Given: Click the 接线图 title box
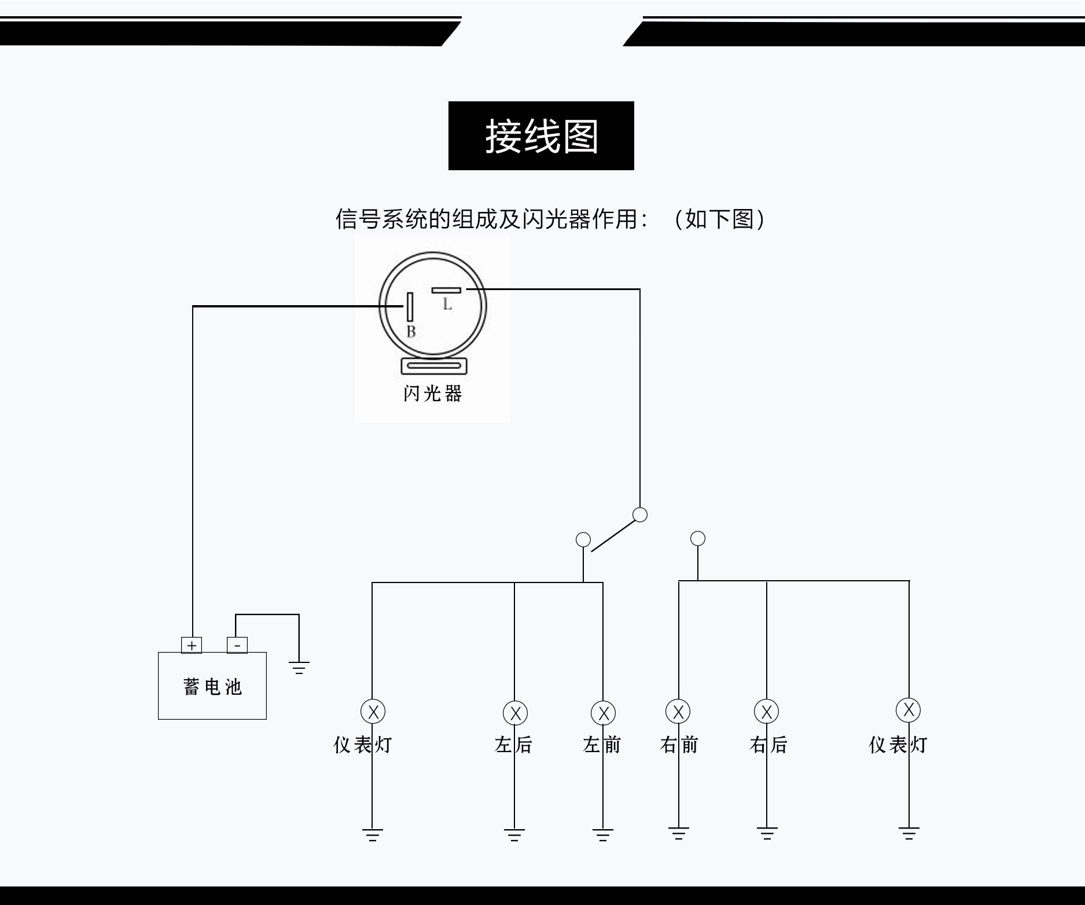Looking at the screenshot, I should pyautogui.click(x=541, y=136).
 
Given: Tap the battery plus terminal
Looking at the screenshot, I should pyautogui.click(x=192, y=645).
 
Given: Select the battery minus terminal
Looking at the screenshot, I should pyautogui.click(x=237, y=645).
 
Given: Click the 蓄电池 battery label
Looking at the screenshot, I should pyautogui.click(x=212, y=687).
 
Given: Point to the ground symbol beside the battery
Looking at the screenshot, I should pyautogui.click(x=299, y=668).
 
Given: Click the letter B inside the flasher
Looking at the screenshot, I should pyautogui.click(x=411, y=332).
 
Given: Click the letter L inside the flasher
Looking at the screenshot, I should pyautogui.click(x=447, y=305).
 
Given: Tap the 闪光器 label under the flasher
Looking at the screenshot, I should pyautogui.click(x=433, y=394).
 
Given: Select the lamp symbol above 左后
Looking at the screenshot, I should pyautogui.click(x=515, y=713).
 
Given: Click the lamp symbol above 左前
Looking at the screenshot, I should pyautogui.click(x=603, y=713).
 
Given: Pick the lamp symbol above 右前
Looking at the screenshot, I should pyautogui.click(x=678, y=712).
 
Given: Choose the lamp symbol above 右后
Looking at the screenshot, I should pyautogui.click(x=767, y=712).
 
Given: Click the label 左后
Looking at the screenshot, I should pyautogui.click(x=513, y=745).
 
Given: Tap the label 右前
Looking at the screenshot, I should pyautogui.click(x=679, y=745).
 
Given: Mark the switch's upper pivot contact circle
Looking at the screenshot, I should pyautogui.click(x=640, y=515).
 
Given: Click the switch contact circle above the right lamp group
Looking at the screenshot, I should pyautogui.click(x=698, y=538).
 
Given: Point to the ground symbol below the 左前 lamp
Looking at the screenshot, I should pyautogui.click(x=603, y=835).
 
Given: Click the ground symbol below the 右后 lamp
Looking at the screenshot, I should pyautogui.click(x=767, y=834).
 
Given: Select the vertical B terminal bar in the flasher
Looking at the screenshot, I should pyautogui.click(x=410, y=307).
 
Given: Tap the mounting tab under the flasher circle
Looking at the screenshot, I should pyautogui.click(x=434, y=366).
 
